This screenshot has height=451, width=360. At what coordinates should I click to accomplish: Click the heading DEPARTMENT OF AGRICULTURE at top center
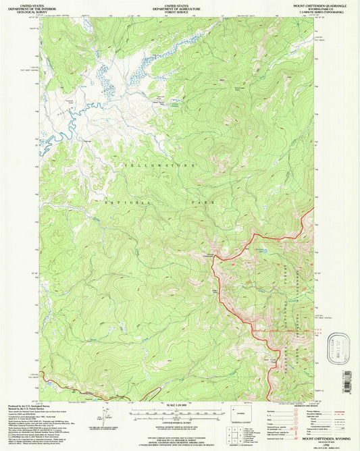(x=179, y=9)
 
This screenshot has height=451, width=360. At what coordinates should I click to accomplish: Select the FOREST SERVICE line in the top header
(x=179, y=12)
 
